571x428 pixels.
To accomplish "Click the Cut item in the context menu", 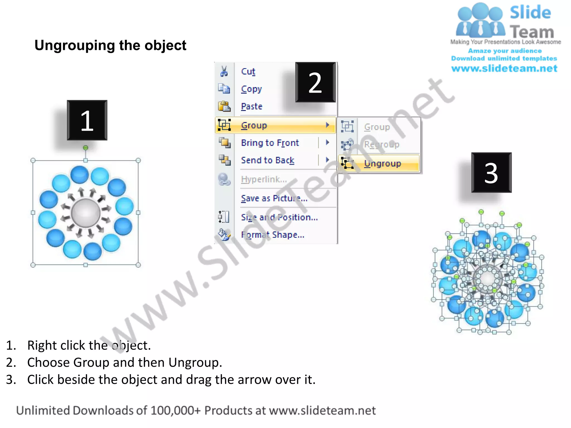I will [248, 72].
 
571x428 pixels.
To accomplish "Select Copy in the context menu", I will [251, 89].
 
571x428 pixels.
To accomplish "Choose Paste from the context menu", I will [251, 106].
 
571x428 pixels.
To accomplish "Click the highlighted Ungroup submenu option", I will [382, 163].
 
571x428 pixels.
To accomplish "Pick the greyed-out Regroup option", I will [381, 144].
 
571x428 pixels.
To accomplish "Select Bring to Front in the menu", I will [270, 143].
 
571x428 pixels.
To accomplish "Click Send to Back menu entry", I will [267, 160].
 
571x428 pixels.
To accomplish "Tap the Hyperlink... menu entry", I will [264, 179].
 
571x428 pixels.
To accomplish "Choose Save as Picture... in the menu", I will [274, 198].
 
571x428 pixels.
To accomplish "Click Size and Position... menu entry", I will [279, 217].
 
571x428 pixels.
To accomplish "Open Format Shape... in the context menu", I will [272, 235].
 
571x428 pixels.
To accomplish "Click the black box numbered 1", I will [87, 120].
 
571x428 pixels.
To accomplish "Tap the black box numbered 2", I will [315, 82].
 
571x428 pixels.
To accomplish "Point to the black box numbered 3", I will [491, 173].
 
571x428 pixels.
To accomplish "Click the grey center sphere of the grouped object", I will [86, 213].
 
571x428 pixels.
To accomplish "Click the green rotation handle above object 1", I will [86, 148].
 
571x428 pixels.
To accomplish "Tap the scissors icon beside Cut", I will [224, 71].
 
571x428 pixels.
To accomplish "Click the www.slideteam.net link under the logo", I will [504, 69].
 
